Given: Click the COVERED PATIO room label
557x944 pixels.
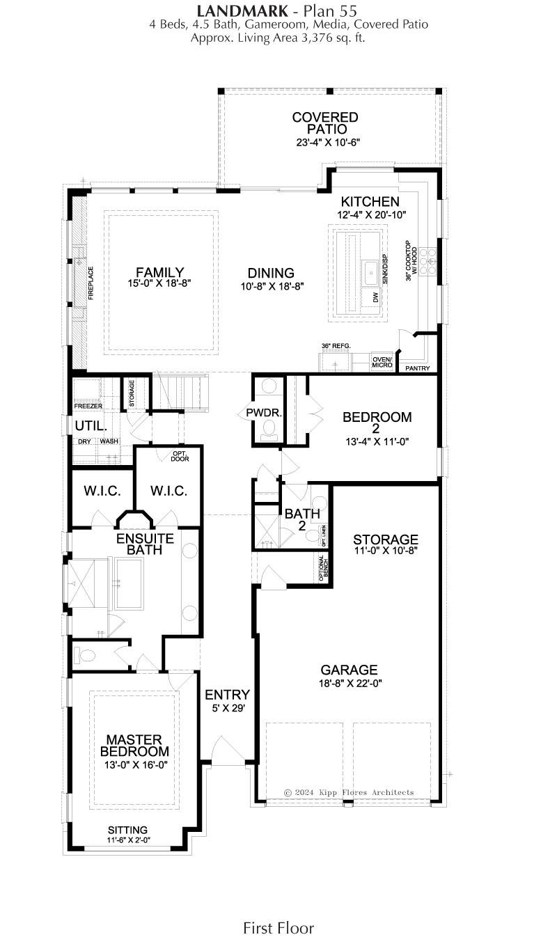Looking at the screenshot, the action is (325, 123).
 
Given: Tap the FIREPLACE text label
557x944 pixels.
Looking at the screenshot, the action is (91, 283).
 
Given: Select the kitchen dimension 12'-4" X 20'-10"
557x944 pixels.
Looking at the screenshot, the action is (371, 215).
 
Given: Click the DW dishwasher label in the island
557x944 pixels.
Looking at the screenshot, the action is (376, 297).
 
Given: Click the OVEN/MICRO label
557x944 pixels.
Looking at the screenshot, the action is (382, 362).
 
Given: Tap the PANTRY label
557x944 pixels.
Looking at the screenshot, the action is (418, 368).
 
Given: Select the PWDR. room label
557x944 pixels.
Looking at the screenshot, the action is (264, 413).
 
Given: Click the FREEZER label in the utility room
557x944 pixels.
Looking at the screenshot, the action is (88, 406).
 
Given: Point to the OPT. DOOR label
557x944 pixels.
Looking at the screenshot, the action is (180, 456).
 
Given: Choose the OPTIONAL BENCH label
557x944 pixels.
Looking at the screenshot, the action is (323, 569).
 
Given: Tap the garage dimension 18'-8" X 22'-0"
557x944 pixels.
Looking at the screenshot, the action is (350, 683).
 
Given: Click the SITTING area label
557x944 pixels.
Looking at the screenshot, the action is (127, 830).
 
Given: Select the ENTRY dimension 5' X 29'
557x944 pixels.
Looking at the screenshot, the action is (228, 708).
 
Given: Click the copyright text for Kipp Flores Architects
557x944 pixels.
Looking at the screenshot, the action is (349, 792).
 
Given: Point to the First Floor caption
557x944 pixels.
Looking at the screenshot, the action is (278, 927).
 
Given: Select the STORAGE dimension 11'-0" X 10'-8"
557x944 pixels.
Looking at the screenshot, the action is (386, 551).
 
